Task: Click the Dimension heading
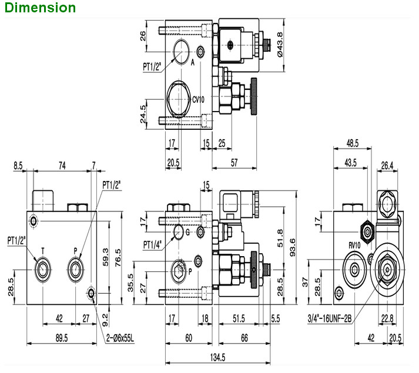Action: tap(38, 8)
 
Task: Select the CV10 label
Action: tap(198, 99)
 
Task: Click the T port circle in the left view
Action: tap(43, 270)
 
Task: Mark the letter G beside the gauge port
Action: tap(187, 233)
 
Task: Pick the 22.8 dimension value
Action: tap(388, 319)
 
